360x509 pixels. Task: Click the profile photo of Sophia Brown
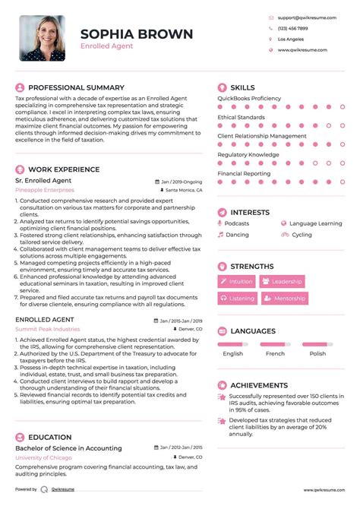pyautogui.click(x=43, y=38)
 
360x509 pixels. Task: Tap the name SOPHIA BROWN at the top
pyautogui.click(x=136, y=34)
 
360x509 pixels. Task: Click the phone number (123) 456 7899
pyautogui.click(x=293, y=27)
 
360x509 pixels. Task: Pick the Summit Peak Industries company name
pyautogui.click(x=47, y=330)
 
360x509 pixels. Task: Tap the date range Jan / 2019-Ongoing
pyautogui.click(x=182, y=182)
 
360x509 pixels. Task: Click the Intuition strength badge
pyautogui.click(x=237, y=282)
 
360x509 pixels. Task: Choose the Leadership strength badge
pyautogui.click(x=282, y=282)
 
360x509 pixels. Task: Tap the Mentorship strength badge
pyautogui.click(x=286, y=299)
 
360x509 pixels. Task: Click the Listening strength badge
pyautogui.click(x=237, y=299)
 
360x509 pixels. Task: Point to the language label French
pyautogui.click(x=275, y=353)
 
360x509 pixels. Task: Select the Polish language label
pyautogui.click(x=317, y=353)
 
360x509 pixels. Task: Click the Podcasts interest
pyautogui.click(x=236, y=224)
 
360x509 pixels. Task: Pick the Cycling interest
pyautogui.click(x=302, y=235)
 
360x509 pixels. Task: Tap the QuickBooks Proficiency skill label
pyautogui.click(x=249, y=98)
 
